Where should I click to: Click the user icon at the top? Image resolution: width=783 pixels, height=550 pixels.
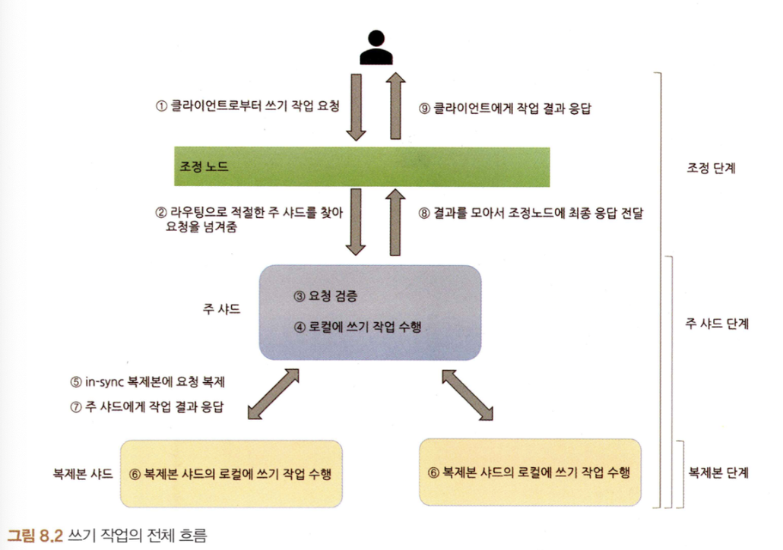tap(376, 47)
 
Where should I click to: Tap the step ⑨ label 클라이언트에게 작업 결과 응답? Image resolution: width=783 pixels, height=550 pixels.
tap(506, 109)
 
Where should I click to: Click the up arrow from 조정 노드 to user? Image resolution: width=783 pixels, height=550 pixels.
tap(395, 106)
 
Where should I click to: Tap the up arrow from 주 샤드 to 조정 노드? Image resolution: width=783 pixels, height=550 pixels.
tap(395, 223)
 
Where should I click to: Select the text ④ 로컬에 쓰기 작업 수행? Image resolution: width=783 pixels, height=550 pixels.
tap(357, 327)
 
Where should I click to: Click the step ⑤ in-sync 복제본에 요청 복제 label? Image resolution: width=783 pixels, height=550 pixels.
tap(159, 382)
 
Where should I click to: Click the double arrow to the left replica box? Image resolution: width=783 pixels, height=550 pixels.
tap(271, 392)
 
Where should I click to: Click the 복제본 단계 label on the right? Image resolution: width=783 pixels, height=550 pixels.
tap(718, 473)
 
